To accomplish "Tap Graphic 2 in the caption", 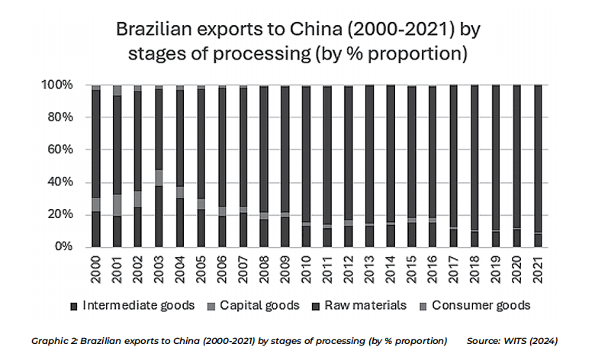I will point(53,341).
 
